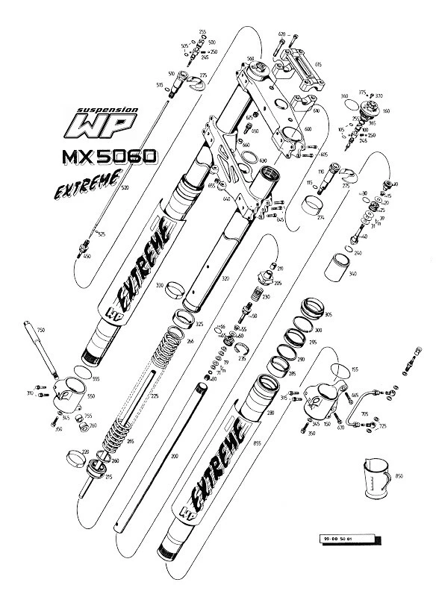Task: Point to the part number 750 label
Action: [41, 329]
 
